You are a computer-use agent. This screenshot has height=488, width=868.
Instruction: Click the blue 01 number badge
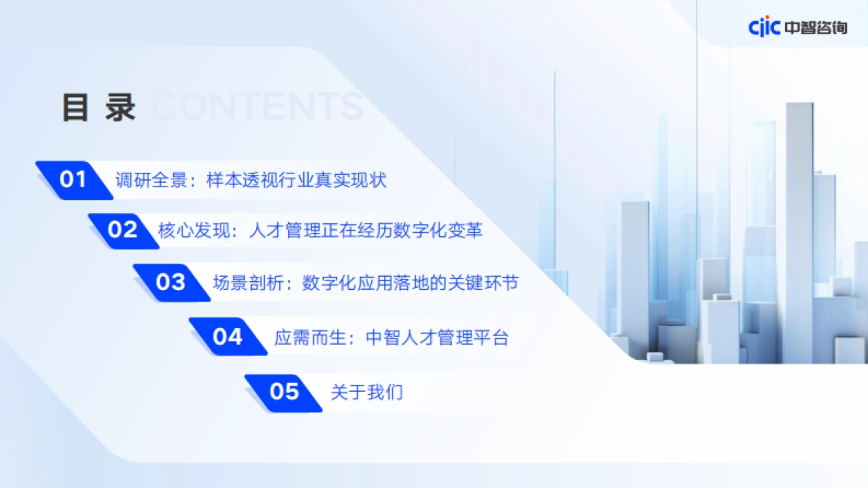[x=72, y=179]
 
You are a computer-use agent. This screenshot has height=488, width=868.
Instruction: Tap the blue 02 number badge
[x=122, y=230]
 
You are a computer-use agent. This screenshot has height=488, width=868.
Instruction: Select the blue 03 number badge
[x=171, y=282]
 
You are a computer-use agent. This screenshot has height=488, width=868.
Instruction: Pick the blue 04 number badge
[x=227, y=336]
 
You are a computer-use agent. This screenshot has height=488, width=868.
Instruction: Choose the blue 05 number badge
[x=284, y=392]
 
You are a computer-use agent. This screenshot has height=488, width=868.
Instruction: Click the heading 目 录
[x=98, y=108]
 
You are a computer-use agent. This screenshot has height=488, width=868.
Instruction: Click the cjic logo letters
[x=764, y=27]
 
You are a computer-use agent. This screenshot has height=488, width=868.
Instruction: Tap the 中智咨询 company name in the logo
[x=815, y=27]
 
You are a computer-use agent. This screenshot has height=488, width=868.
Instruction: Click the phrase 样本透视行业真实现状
[x=297, y=180]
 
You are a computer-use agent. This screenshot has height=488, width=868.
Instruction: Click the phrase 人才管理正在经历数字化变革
[x=365, y=231]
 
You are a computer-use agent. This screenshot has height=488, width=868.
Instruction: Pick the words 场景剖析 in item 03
[x=250, y=283]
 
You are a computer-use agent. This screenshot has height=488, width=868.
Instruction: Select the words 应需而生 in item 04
[x=310, y=337]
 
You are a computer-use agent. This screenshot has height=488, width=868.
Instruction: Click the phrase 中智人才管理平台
[x=438, y=337]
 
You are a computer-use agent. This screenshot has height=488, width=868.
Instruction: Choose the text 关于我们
[x=367, y=393]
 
